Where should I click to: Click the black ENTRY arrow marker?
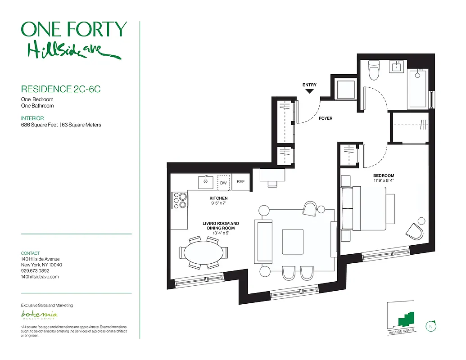coord(309,91)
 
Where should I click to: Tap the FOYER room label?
coord(326,118)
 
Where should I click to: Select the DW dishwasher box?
coord(223,183)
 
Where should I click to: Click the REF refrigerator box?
coord(240,182)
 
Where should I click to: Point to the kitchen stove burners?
coord(180,200)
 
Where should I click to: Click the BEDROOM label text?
coord(383,175)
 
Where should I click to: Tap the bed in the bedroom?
coord(367,209)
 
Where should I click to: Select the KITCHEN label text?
coord(218,198)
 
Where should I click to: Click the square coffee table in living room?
coord(293,242)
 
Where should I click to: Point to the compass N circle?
coord(430,326)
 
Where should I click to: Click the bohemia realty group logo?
coord(40,315)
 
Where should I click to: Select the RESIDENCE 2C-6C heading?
coord(61,89)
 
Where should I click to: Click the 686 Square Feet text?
coord(39,125)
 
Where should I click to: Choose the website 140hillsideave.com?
coord(40,277)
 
